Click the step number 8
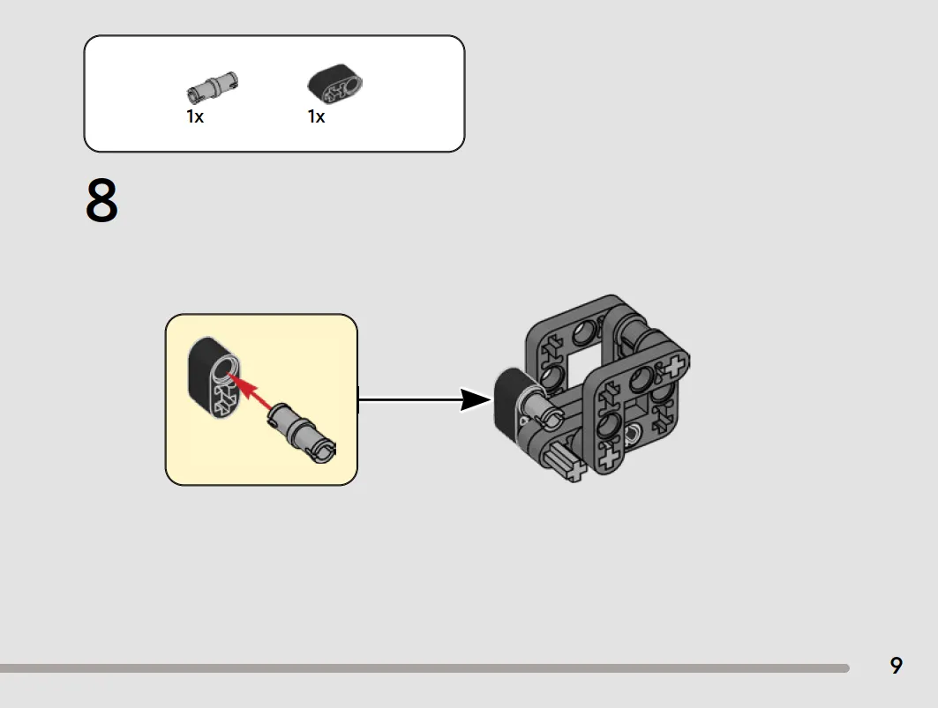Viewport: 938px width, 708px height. click(101, 200)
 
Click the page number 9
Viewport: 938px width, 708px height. click(896, 666)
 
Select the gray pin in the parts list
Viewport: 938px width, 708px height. click(212, 86)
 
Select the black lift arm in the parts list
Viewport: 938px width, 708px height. click(335, 84)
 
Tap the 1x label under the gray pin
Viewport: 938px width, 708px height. click(195, 116)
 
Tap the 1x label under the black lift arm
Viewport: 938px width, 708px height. click(317, 116)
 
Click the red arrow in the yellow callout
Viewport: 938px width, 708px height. click(251, 391)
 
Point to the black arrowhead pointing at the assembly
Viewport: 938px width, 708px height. click(476, 399)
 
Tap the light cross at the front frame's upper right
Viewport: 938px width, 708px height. click(674, 365)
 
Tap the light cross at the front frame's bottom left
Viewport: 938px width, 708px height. click(608, 458)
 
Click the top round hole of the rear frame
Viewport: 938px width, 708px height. click(585, 332)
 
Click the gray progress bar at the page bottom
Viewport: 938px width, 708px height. click(424, 668)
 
